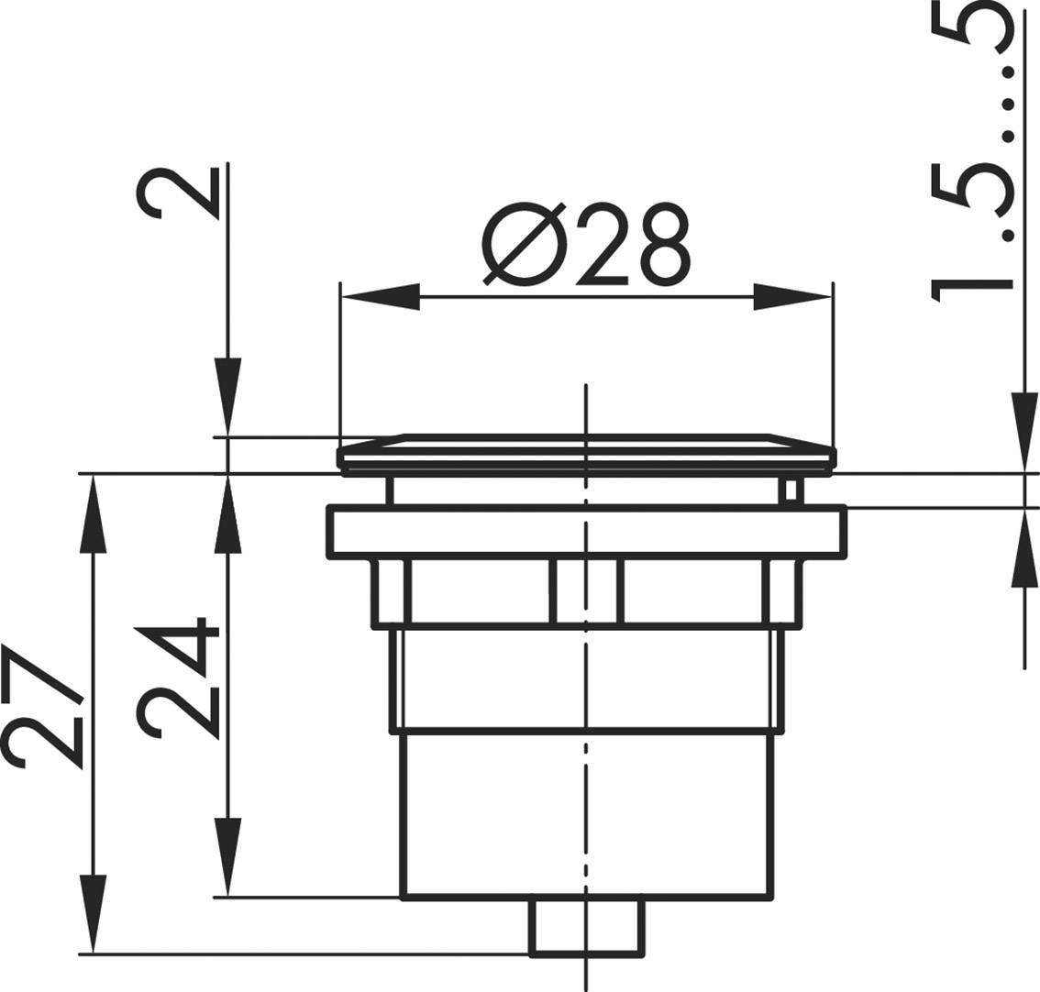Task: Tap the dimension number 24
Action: click(x=177, y=679)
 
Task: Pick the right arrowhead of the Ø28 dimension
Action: click(x=794, y=296)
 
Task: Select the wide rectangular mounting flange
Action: click(x=587, y=533)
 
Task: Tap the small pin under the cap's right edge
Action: click(x=791, y=489)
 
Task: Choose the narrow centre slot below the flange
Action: click(x=586, y=591)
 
